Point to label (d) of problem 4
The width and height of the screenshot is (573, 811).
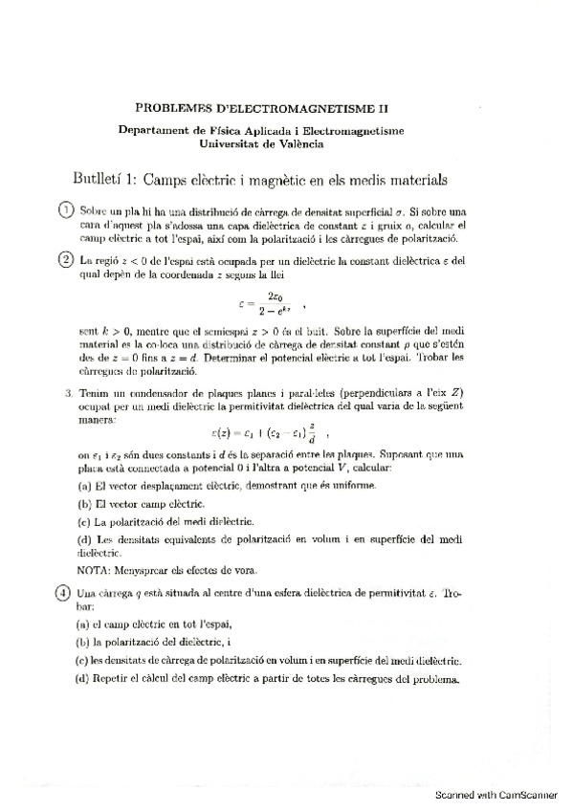tap(83, 680)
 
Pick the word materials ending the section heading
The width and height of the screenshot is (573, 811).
tap(420, 178)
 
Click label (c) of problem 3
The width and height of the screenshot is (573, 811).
tap(83, 521)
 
